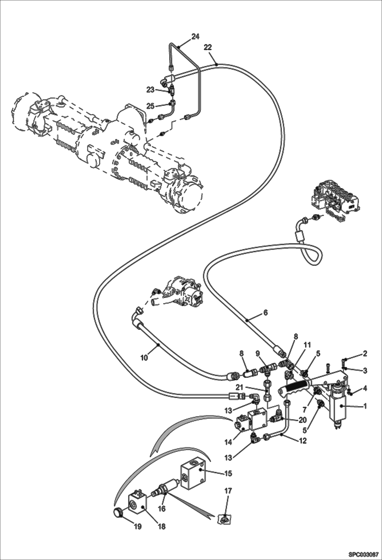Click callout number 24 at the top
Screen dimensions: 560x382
pyautogui.click(x=195, y=37)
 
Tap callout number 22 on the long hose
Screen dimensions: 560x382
pyautogui.click(x=208, y=47)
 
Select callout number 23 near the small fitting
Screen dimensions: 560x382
pyautogui.click(x=150, y=90)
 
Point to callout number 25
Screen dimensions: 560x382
pyautogui.click(x=150, y=106)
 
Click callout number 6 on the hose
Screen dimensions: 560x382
pyautogui.click(x=265, y=312)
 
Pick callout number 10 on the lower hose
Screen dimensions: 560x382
pyautogui.click(x=144, y=358)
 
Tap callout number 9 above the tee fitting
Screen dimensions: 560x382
pyautogui.click(x=258, y=354)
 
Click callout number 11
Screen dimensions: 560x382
pyautogui.click(x=307, y=345)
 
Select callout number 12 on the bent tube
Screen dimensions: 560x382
pyautogui.click(x=303, y=441)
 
